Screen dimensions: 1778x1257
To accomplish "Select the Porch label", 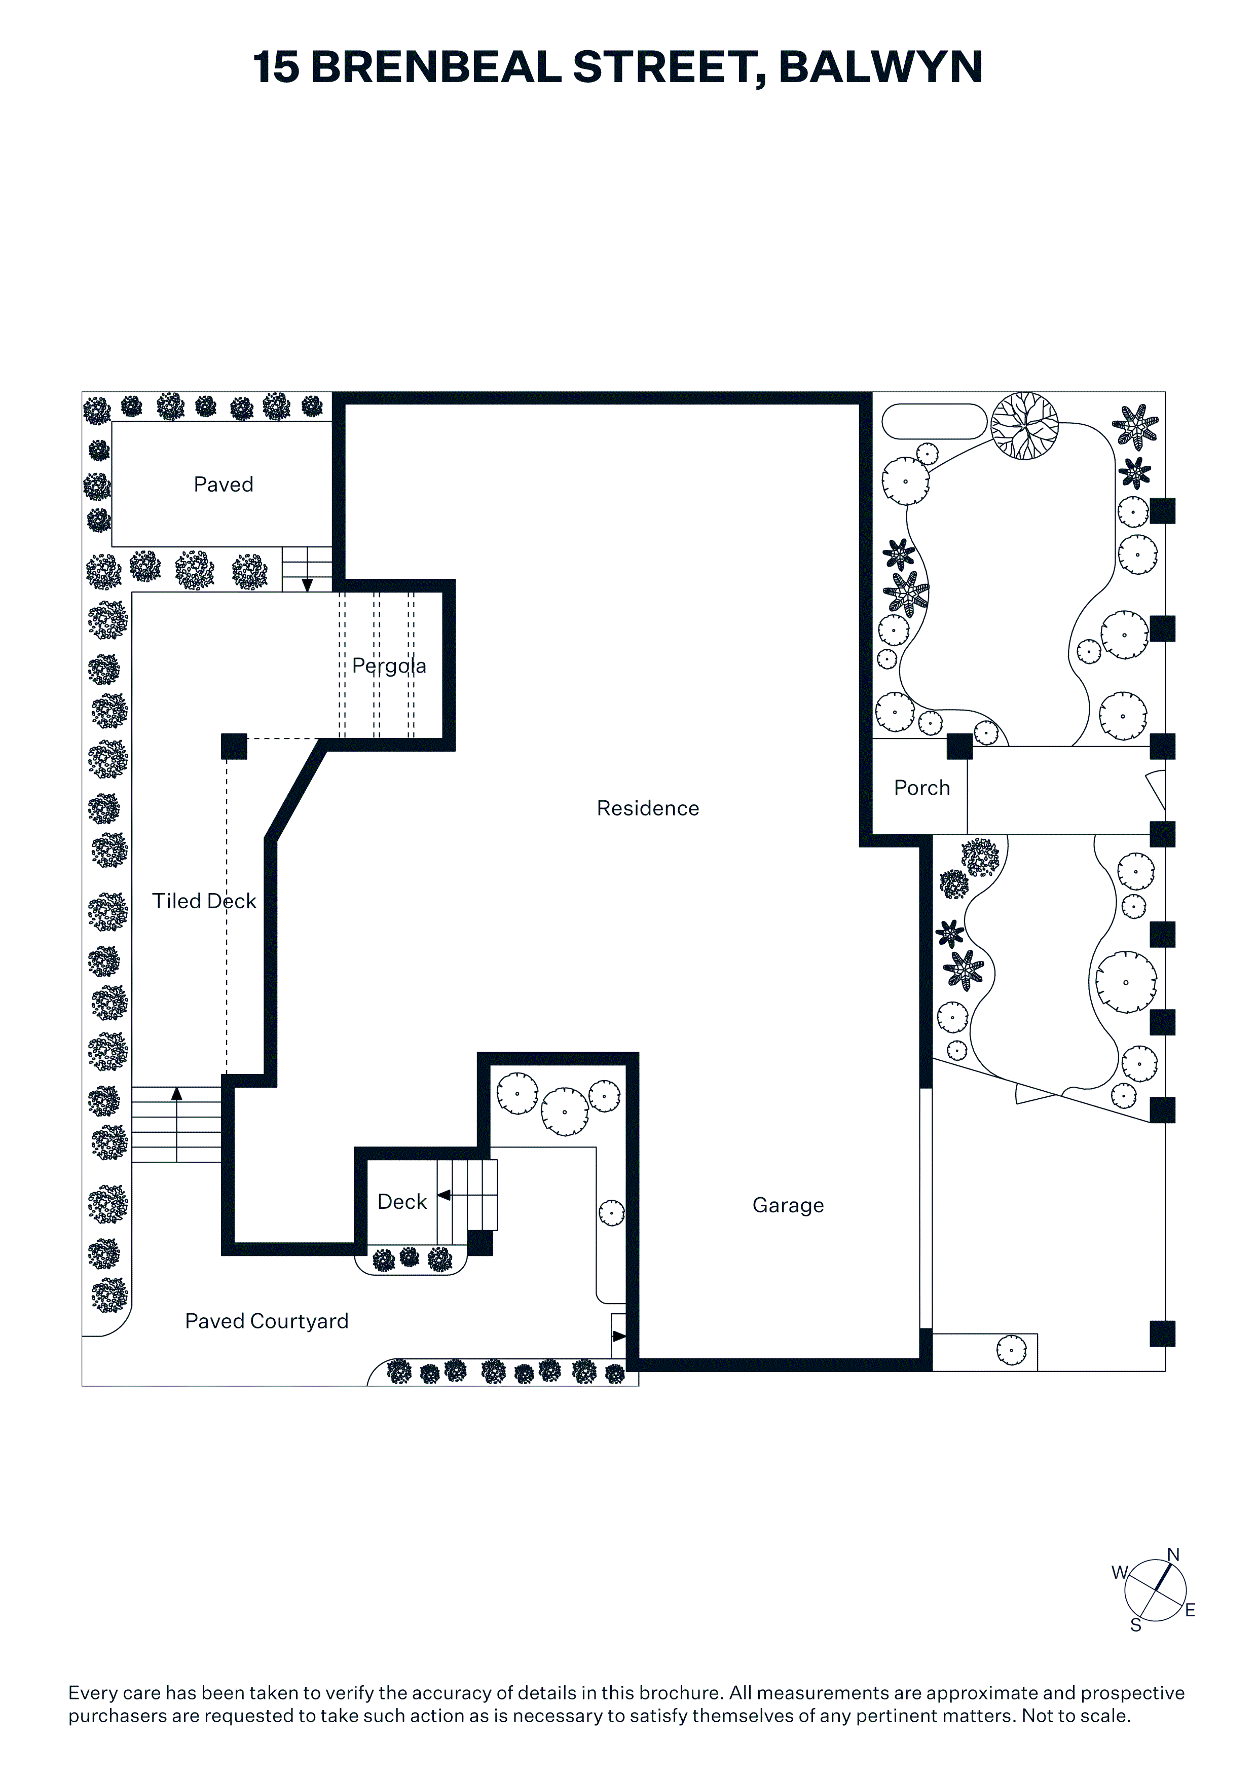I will point(921,788).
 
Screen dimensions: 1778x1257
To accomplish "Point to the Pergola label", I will point(389,666).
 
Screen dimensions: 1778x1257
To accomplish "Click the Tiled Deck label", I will point(204,901).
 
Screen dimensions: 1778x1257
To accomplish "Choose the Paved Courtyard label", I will point(267,1321).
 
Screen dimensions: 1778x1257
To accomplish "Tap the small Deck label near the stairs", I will point(402,1201).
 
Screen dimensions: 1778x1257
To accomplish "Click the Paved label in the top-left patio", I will point(223,485).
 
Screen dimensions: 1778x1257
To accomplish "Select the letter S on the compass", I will point(1136,1625).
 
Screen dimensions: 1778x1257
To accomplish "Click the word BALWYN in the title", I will point(880,67).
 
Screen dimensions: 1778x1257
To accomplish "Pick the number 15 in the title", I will point(276,67).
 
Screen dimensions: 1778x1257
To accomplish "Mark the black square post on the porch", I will point(959,747).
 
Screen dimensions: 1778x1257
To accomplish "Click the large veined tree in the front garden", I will point(1025,426).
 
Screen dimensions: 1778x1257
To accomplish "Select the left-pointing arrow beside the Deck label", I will point(444,1196).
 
